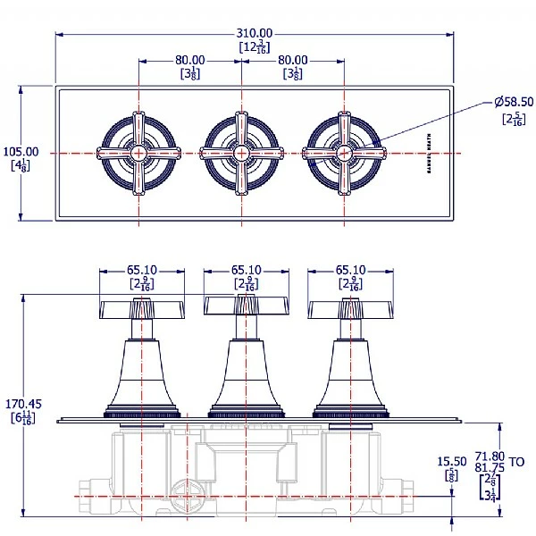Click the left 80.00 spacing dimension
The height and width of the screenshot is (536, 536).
(189, 60)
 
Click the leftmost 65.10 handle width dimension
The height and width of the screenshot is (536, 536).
(142, 269)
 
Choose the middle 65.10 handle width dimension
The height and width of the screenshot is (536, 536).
(247, 269)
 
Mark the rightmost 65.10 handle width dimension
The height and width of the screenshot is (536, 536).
(350, 269)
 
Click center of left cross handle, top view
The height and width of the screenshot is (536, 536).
(138, 153)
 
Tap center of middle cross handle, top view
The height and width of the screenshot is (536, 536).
(240, 153)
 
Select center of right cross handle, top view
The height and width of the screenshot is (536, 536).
(344, 153)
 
